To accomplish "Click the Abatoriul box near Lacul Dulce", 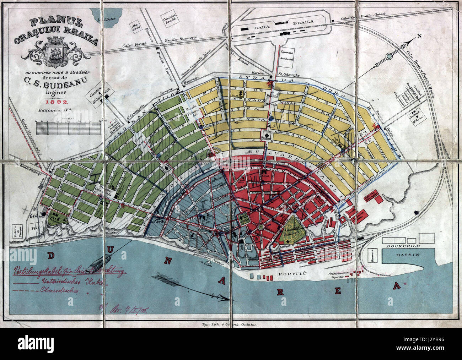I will (x=136, y=27).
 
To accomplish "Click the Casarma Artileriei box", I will (x=286, y=56).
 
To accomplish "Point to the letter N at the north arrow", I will (x=419, y=36).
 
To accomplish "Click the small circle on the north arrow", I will (x=390, y=55).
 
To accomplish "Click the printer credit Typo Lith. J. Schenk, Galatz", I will (x=229, y=324).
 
